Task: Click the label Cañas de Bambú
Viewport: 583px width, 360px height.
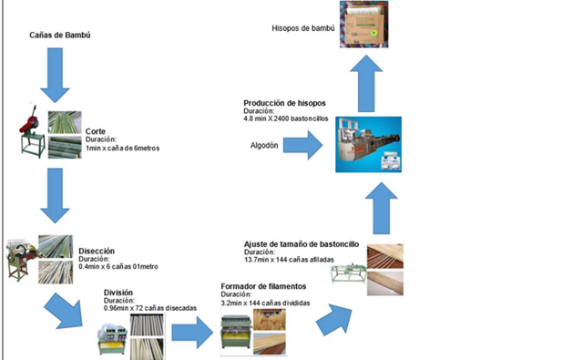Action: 60,36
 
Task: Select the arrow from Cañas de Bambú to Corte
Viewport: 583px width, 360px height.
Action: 54,74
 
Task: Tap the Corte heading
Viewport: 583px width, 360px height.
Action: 96,131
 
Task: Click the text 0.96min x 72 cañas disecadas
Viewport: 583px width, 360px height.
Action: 149,307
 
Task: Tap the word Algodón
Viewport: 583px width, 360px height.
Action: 264,145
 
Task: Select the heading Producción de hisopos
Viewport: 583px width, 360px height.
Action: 284,103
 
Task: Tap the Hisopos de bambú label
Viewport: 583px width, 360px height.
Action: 303,28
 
